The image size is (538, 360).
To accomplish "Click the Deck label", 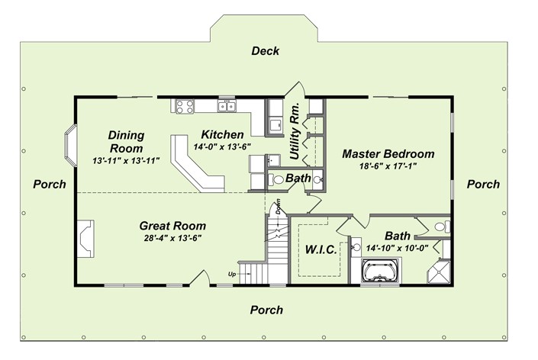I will pyautogui.click(x=265, y=51).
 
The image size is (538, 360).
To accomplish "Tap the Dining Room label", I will pyautogui.click(x=126, y=141).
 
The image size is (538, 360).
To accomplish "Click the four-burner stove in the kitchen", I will pyautogui.click(x=184, y=106).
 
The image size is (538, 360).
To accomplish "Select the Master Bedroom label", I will pyautogui.click(x=388, y=153).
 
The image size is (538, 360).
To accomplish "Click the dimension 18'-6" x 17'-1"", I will pyautogui.click(x=388, y=166).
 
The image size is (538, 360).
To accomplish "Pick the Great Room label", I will pyautogui.click(x=172, y=226).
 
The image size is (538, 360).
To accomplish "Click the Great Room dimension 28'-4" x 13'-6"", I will pyautogui.click(x=172, y=238).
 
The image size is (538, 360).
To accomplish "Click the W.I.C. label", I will pyautogui.click(x=321, y=249).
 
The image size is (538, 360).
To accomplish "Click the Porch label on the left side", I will pyautogui.click(x=50, y=185).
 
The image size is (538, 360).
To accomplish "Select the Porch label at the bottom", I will pyautogui.click(x=266, y=310).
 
